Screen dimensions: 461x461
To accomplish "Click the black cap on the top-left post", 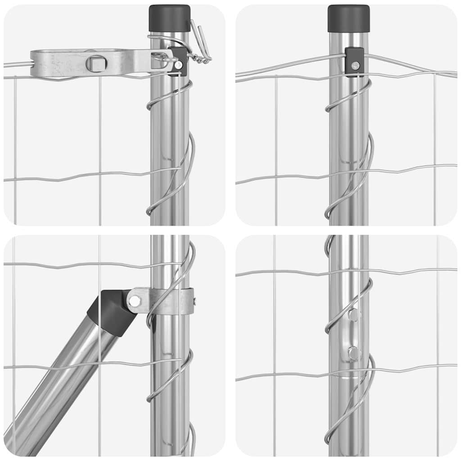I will click(x=169, y=18).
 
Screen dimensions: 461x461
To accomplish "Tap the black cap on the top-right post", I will click(x=348, y=18).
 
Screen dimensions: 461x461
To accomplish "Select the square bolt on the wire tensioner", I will click(x=96, y=63).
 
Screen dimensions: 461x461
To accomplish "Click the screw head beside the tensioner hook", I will click(x=179, y=65).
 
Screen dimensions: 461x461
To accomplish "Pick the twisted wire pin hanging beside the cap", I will click(x=201, y=43).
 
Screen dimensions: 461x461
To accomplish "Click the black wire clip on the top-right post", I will click(x=354, y=62).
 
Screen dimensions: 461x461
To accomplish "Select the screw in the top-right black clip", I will click(x=355, y=66).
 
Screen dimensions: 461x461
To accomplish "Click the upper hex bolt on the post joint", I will click(x=354, y=315).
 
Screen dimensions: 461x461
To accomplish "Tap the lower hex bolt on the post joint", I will click(x=354, y=353).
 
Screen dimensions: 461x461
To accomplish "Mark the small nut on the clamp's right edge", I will click(x=194, y=300).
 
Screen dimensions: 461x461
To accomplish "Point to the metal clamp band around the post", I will click(x=167, y=301).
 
